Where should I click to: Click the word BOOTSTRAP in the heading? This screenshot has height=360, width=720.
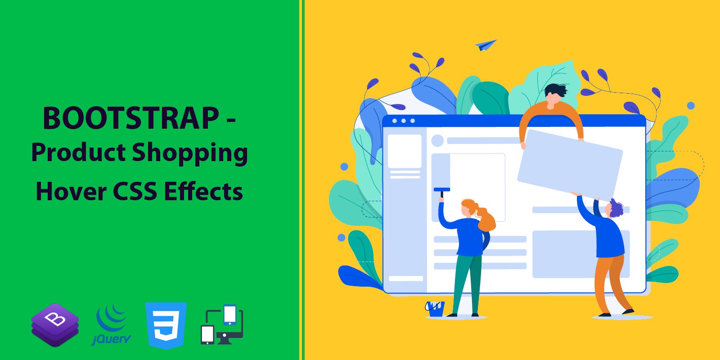pyautogui.click(x=131, y=118)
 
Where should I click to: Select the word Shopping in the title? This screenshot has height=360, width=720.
pyautogui.click(x=189, y=153)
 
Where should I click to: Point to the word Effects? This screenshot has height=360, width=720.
pyautogui.click(x=203, y=191)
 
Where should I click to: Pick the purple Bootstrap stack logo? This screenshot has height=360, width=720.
pyautogui.click(x=55, y=325)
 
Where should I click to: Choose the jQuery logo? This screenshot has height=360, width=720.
pyautogui.click(x=112, y=325)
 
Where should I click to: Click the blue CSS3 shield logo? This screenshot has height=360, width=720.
pyautogui.click(x=166, y=325)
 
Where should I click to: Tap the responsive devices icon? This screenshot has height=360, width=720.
pyautogui.click(x=222, y=324)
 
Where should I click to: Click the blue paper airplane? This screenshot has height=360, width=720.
pyautogui.click(x=485, y=45)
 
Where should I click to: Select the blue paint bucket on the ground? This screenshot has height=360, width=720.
pyautogui.click(x=435, y=309)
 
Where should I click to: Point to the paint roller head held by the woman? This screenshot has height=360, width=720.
pyautogui.click(x=442, y=189)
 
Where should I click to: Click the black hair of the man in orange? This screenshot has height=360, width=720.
pyautogui.click(x=556, y=90)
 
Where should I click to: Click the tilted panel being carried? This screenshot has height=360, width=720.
pyautogui.click(x=570, y=165)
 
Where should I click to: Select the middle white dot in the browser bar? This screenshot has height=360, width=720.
pyautogui.click(x=403, y=121)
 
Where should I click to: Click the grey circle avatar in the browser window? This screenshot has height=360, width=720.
pyautogui.click(x=437, y=140)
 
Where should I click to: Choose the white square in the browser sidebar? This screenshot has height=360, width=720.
pyautogui.click(x=405, y=151)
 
